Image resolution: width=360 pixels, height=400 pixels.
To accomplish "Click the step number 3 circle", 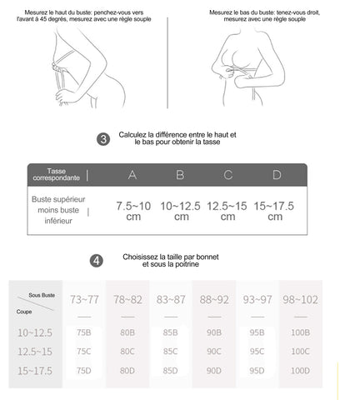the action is (x=103, y=139).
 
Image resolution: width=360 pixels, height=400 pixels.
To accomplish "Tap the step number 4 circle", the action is (x=97, y=261).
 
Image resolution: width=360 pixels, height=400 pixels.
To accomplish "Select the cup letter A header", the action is (x=132, y=175).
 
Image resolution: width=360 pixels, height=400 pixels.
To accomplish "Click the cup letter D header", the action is (x=277, y=175).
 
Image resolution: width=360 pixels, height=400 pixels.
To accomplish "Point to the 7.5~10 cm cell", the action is (x=133, y=211).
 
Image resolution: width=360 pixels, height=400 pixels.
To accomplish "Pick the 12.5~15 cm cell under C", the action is (x=227, y=211).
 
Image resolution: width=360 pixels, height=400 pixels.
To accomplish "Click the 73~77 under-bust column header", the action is (x=84, y=300).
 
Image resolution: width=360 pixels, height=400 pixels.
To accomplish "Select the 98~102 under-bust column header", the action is (x=300, y=300).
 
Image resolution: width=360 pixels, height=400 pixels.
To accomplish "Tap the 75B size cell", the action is (x=83, y=332).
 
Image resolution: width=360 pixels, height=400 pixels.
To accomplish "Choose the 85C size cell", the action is (x=170, y=352).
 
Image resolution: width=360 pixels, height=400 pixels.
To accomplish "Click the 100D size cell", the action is (x=300, y=371).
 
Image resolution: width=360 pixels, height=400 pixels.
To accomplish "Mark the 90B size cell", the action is (x=214, y=332).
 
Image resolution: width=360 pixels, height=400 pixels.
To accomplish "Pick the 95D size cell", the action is (x=257, y=371).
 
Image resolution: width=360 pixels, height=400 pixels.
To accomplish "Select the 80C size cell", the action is (x=127, y=352).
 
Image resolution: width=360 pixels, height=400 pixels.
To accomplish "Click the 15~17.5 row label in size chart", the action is (x=35, y=371).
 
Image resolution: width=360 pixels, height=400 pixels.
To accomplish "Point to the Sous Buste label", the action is (x=42, y=295).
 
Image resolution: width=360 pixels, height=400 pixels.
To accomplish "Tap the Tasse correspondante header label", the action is (x=57, y=174).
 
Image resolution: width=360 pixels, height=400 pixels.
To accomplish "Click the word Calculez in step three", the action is (x=132, y=135).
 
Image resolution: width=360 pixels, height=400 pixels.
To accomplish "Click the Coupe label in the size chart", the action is (x=24, y=312).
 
